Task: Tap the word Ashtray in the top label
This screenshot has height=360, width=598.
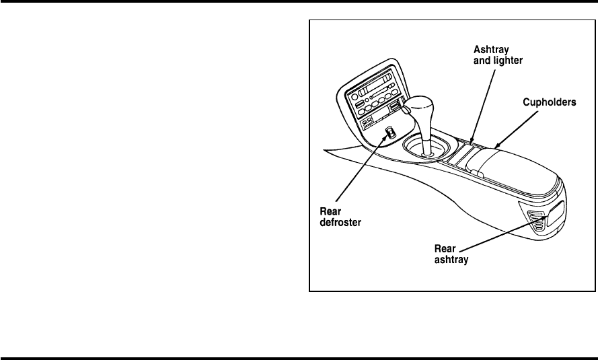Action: (483, 50)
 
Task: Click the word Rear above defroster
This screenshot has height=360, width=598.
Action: (330, 211)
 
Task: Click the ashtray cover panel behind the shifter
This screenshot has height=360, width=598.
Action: (463, 157)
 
